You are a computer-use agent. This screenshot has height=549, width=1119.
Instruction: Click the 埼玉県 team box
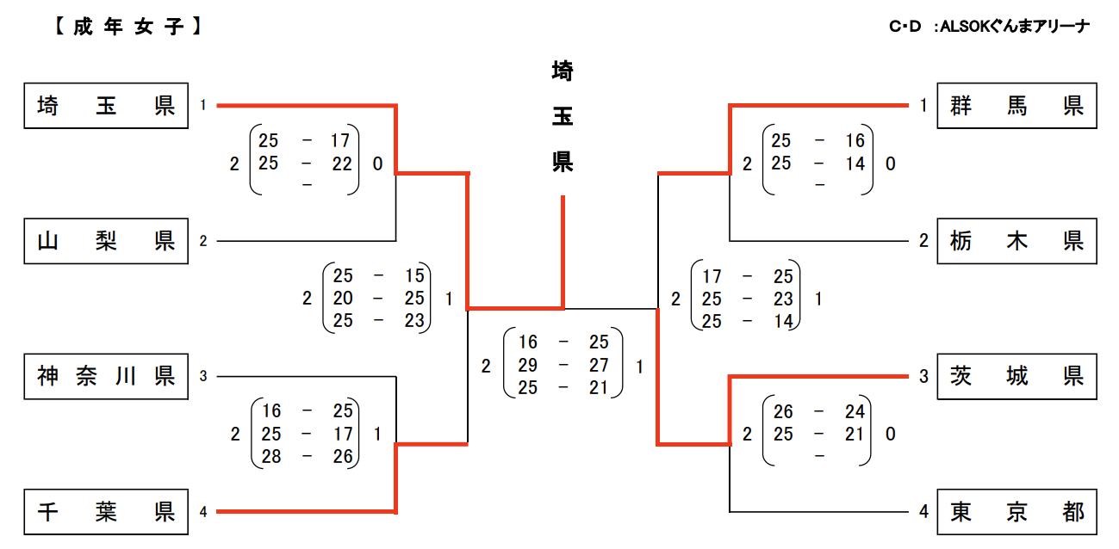click(106, 106)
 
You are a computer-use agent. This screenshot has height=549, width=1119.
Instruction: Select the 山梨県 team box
click(106, 241)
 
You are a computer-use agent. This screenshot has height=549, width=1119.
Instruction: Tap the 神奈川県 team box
click(106, 376)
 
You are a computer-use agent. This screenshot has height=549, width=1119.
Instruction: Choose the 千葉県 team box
click(106, 512)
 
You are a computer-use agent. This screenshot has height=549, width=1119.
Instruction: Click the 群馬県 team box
click(1016, 106)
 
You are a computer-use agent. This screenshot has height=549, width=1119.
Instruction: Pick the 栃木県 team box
click(1016, 241)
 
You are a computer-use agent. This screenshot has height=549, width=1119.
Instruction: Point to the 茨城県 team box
click(1016, 376)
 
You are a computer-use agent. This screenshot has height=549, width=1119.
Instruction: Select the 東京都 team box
click(1016, 512)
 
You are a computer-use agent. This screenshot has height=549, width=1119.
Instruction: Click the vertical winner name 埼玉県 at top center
click(563, 116)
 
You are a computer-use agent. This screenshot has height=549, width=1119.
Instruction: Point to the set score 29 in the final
click(527, 366)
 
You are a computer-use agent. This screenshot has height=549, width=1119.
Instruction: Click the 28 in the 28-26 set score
click(271, 456)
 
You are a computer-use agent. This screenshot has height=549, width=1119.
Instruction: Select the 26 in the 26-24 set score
click(783, 411)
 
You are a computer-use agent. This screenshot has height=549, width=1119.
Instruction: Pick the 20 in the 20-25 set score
click(343, 298)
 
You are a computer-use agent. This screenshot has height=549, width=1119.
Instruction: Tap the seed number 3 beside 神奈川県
click(203, 376)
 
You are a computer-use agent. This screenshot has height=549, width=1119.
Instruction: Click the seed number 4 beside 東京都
click(923, 512)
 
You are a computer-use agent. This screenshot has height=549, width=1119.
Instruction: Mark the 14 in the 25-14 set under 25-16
click(855, 163)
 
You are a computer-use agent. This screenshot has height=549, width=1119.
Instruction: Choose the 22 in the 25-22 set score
click(343, 163)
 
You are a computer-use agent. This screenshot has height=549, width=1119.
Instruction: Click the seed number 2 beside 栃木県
click(923, 241)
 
